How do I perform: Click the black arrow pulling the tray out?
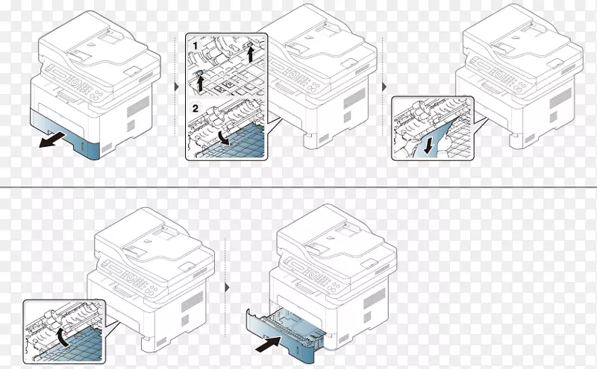[52, 140]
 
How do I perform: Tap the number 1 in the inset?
[196, 46]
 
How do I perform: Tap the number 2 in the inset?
[196, 109]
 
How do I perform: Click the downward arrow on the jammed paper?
[428, 147]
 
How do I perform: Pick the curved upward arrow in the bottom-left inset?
[62, 338]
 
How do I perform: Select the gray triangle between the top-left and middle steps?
[176, 86]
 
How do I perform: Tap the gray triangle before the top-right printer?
[384, 86]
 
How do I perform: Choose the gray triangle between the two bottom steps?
[228, 288]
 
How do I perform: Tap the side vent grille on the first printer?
[138, 106]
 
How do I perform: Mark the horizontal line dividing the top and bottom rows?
[298, 187]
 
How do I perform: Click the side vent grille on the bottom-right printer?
[375, 299]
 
